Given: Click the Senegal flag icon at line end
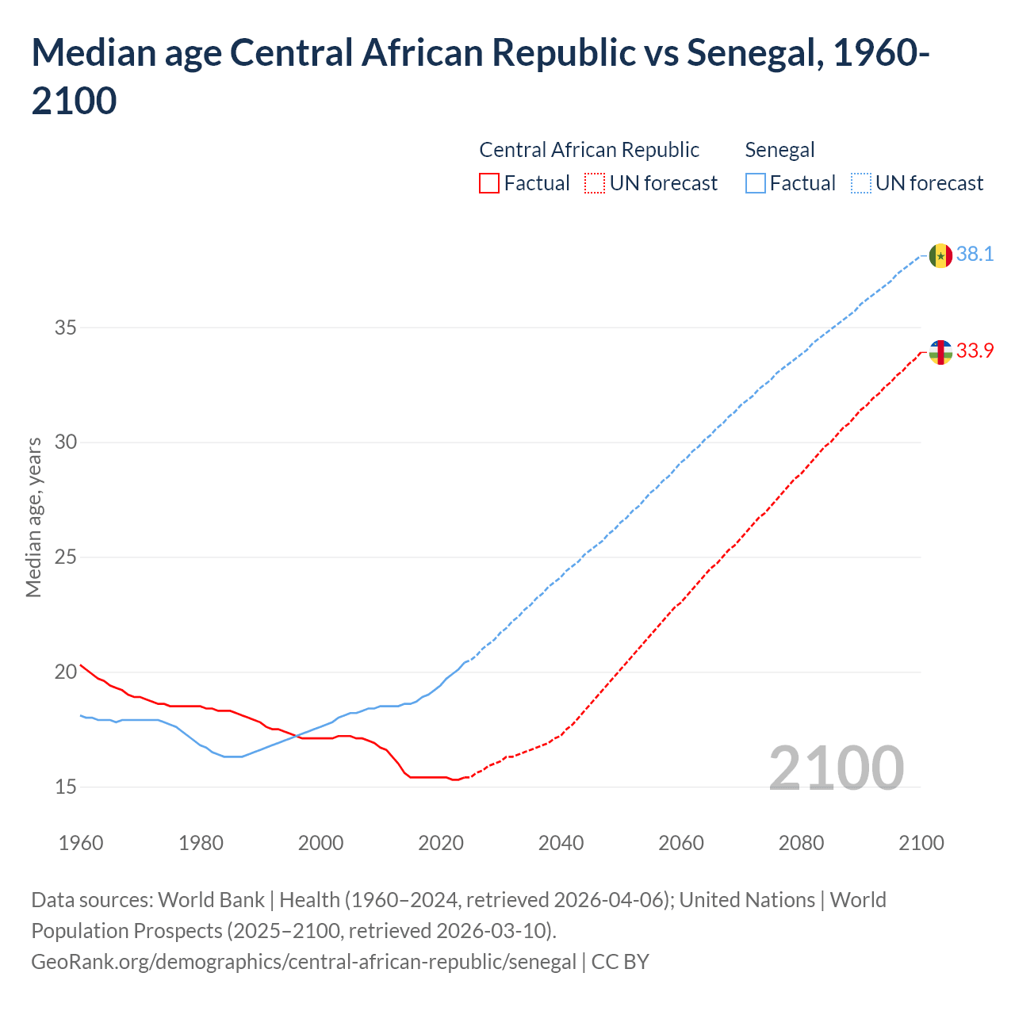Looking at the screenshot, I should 940,256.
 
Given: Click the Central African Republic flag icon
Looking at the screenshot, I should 940,352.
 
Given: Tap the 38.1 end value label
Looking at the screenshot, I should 975,255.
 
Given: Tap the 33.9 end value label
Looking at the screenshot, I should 975,350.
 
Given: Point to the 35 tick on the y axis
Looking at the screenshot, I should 66,327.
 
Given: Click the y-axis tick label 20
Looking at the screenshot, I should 66,672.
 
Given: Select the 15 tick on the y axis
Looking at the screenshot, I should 66,787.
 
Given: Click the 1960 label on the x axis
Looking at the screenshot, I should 81,843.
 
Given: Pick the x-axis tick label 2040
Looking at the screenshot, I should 561,843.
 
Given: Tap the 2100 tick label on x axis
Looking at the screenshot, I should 921,843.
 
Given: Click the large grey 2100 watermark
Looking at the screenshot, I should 836,768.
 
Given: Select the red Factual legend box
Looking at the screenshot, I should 489,183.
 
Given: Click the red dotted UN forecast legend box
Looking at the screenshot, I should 595,183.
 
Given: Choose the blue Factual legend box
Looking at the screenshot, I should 756,183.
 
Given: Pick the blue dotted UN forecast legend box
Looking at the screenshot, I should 861,183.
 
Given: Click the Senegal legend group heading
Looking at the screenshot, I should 779,150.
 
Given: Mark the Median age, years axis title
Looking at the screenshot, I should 33,516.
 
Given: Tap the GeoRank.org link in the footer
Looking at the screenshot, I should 304,962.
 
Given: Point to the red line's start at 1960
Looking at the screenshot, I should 82,665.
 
